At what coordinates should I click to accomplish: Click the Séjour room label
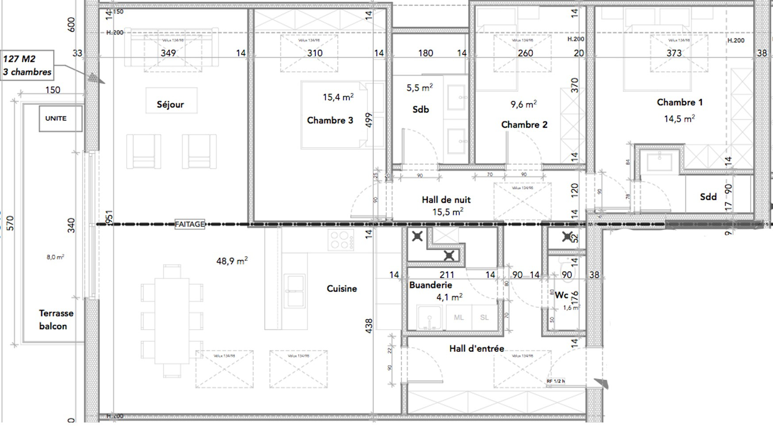click(170, 105)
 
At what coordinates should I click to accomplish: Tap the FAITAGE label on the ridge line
click(190, 224)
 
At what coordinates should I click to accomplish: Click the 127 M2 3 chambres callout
click(27, 65)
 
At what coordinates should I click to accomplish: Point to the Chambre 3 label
click(330, 121)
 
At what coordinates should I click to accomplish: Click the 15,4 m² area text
click(338, 97)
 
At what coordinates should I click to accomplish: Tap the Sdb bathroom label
click(421, 110)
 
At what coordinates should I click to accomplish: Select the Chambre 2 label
click(524, 125)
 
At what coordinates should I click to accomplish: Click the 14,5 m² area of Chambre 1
click(679, 119)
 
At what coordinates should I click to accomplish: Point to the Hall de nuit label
click(446, 200)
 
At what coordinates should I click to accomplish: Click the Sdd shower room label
click(708, 197)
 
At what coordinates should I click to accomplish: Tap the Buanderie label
click(430, 285)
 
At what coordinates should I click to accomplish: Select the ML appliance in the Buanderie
click(459, 317)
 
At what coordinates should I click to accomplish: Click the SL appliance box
click(484, 317)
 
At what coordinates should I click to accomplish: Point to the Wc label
click(562, 295)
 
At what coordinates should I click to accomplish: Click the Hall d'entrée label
click(476, 349)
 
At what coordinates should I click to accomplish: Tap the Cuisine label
click(341, 289)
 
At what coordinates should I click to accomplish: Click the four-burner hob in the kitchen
click(341, 240)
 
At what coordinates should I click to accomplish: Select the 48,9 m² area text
click(232, 261)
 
